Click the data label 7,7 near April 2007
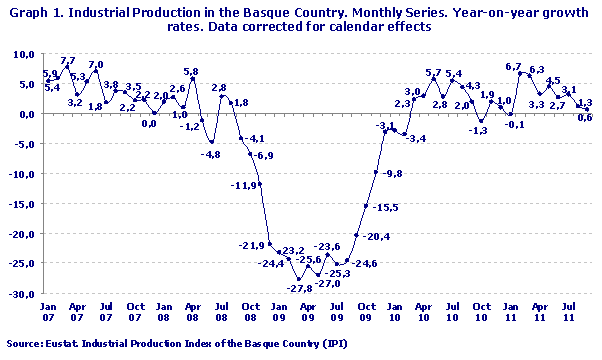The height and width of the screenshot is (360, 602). point(68,62)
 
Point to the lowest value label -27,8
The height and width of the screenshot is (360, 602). point(300,289)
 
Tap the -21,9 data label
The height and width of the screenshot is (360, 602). point(250,246)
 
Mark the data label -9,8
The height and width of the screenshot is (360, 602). point(392,174)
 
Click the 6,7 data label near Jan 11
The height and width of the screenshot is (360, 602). point(514,67)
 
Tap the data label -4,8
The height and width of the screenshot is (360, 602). point(211,155)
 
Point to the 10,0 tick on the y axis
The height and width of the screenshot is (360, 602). point(22,53)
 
